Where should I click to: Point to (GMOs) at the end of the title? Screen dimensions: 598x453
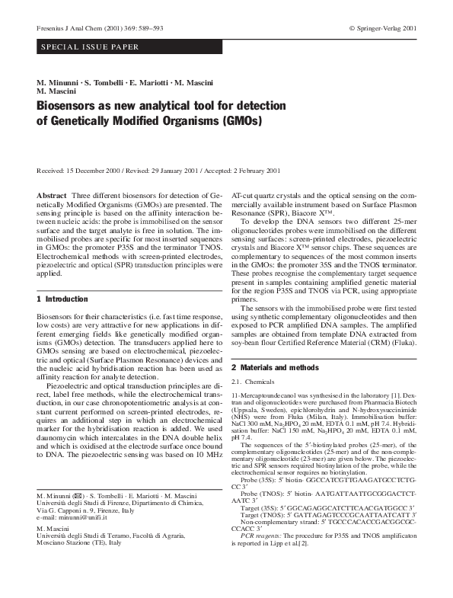(240, 120)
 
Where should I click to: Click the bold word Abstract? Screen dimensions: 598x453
(52, 196)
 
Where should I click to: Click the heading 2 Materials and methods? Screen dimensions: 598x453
(275, 367)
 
